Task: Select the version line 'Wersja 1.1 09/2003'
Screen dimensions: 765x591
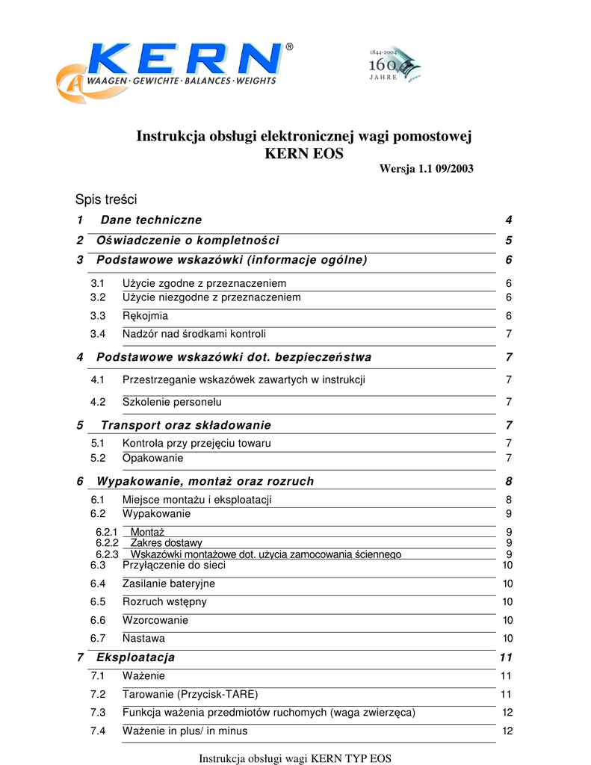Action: [x=426, y=170]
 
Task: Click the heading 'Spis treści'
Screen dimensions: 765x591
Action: [x=106, y=199]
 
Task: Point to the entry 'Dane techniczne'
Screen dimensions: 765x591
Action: [x=151, y=220]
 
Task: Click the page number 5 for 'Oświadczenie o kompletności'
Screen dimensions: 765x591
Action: [x=508, y=241]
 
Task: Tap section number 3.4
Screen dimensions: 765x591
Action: [x=98, y=334]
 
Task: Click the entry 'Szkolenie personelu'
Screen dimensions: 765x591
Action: [x=172, y=402]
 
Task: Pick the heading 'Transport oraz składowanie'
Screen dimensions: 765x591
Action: [x=185, y=425]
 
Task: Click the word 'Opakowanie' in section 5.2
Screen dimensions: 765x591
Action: [x=152, y=458]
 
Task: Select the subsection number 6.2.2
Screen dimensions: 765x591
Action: [x=107, y=543]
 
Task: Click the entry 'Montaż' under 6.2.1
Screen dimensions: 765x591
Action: [x=147, y=532]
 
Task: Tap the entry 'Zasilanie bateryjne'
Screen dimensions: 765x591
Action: [x=168, y=583]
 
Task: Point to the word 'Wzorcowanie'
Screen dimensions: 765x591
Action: [x=155, y=620]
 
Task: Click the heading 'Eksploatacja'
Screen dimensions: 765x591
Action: [x=135, y=657]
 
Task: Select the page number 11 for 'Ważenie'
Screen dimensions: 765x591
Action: [x=506, y=676]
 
